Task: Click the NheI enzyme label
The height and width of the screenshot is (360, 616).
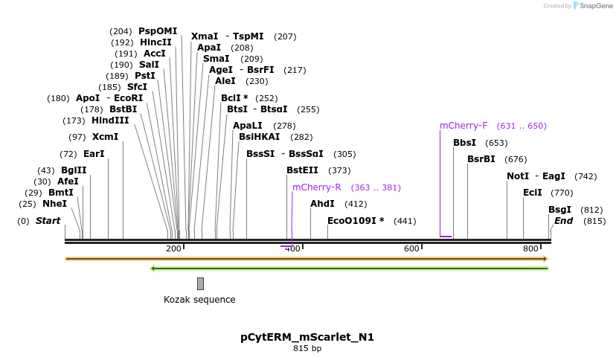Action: [x=54, y=204]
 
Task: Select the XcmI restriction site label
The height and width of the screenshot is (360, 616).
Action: [x=105, y=137]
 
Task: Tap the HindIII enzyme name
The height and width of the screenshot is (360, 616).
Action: [x=110, y=120]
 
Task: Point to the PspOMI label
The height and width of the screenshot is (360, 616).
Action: [x=158, y=31]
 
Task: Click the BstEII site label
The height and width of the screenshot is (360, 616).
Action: [x=301, y=170]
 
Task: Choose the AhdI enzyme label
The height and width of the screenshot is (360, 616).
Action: [x=322, y=204]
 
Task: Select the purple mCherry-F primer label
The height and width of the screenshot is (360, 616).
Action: [x=463, y=126]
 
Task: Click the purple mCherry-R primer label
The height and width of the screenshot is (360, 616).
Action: [x=316, y=187]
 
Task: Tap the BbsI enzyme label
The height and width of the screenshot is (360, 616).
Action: [x=464, y=143]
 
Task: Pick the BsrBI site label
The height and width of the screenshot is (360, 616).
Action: [x=481, y=159]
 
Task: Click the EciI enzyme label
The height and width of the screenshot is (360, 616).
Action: [x=532, y=193]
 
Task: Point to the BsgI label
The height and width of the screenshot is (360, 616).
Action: [x=559, y=210]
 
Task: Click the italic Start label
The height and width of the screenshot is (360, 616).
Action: [x=48, y=221]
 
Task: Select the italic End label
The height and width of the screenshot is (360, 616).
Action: [x=563, y=221]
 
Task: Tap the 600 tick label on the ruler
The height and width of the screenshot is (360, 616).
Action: [x=411, y=248]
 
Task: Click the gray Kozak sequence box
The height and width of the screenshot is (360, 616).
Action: [x=200, y=283]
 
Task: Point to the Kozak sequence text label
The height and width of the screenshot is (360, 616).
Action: [x=199, y=300]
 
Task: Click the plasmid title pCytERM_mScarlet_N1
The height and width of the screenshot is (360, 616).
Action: [x=307, y=337]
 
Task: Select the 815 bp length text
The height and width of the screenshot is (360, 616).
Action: [x=307, y=348]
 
